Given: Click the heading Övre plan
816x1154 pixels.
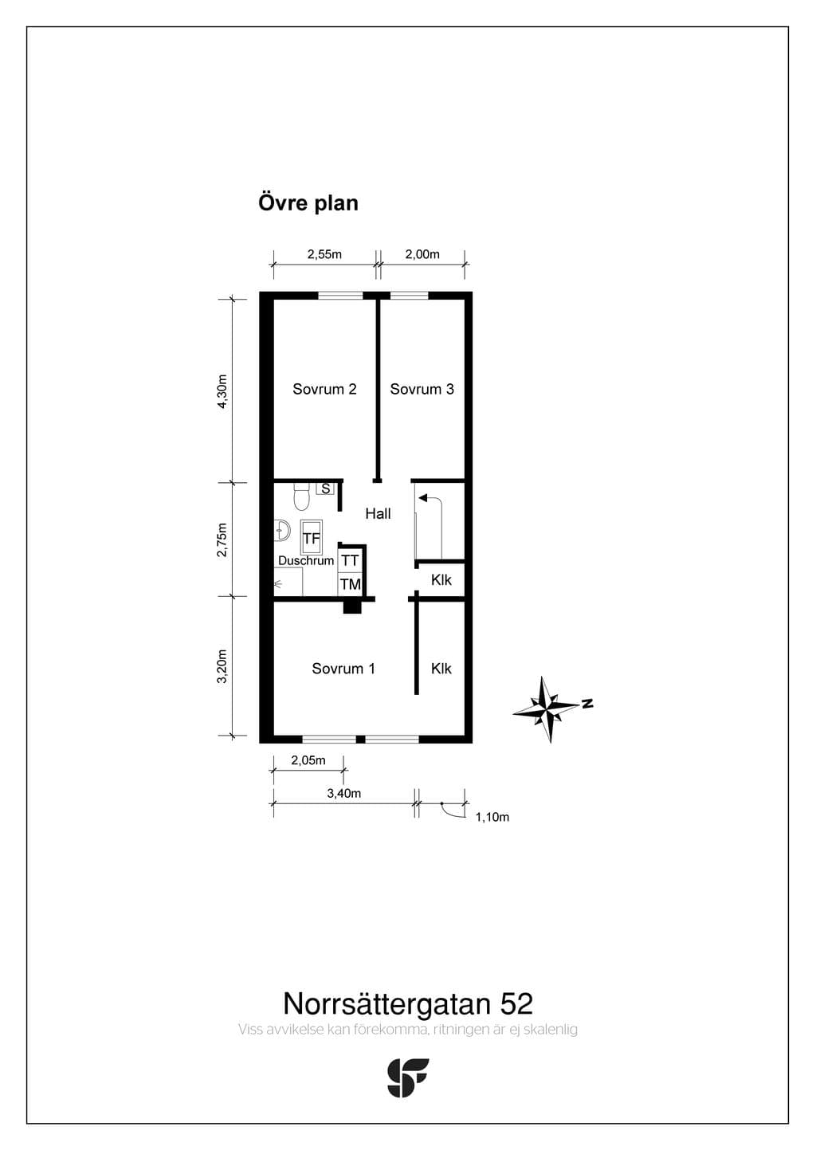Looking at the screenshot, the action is click(308, 203).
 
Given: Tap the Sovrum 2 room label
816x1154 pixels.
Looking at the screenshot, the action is click(324, 389).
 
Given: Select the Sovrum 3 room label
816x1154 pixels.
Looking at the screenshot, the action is click(422, 389).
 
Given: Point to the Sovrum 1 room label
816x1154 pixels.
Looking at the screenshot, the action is click(343, 669).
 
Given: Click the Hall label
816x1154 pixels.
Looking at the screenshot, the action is click(379, 513).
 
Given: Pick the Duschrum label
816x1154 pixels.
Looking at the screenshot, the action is click(306, 560).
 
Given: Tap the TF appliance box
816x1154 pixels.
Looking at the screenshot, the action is click(311, 537).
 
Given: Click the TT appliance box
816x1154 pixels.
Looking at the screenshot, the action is click(351, 560).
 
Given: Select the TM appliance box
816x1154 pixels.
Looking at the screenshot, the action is click(351, 584).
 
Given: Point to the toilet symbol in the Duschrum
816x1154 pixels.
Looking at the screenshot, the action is click(301, 496).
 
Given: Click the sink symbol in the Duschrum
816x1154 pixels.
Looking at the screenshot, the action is click(282, 530).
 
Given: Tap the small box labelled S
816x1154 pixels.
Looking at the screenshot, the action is click(326, 489).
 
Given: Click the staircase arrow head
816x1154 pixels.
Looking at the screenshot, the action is click(423, 498).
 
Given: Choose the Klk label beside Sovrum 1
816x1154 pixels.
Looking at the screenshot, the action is click(441, 669).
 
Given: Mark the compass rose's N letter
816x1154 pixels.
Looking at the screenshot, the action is click(587, 703).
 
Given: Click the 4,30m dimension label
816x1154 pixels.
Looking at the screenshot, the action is click(222, 391).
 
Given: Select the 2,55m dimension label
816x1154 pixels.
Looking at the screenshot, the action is click(324, 254).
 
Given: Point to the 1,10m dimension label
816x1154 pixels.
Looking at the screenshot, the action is click(492, 817).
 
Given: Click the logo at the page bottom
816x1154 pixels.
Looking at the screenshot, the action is click(408, 1077).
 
